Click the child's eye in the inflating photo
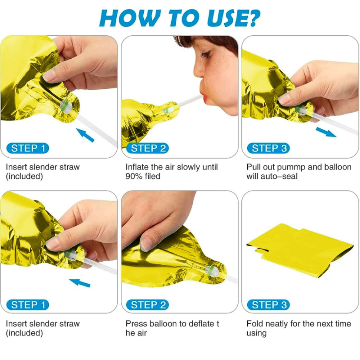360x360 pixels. (x=205, y=55)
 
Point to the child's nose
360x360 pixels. (x=199, y=71)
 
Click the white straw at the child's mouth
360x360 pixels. (x=190, y=101)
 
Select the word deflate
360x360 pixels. (x=198, y=324)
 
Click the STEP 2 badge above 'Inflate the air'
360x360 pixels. (x=148, y=148)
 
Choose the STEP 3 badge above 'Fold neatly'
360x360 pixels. (x=269, y=305)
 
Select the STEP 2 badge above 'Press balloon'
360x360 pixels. (x=148, y=305)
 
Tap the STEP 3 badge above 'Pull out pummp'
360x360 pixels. (x=269, y=148)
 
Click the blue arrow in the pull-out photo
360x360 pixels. (x=326, y=132)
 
